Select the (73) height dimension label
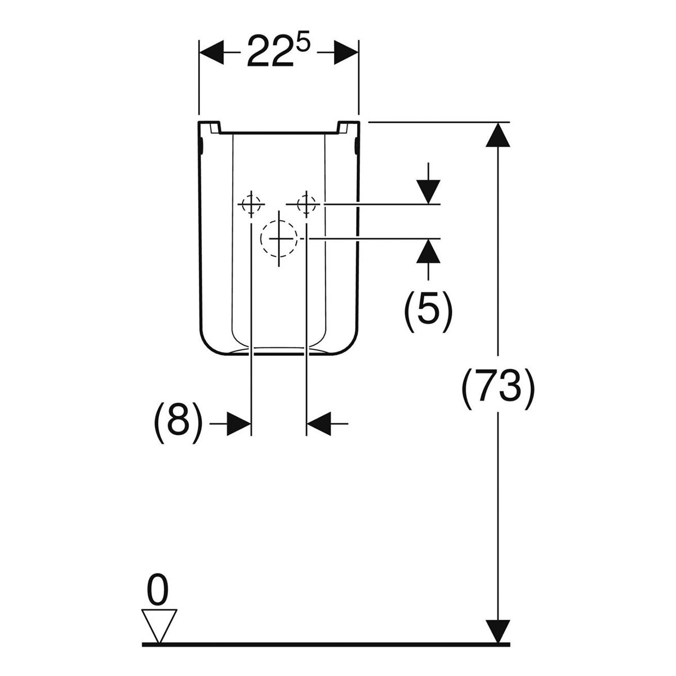coord(498,389)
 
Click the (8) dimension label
coord(178,424)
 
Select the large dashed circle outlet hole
coord(279,238)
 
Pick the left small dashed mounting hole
coord(251,204)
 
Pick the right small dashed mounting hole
coord(306,204)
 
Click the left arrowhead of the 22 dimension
coord(212,52)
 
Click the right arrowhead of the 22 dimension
coord(346,52)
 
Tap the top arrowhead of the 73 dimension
coord(497,135)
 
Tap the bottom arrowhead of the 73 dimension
coord(497,621)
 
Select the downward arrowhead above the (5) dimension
coord(428,192)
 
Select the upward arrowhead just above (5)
coord(428,251)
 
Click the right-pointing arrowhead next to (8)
coord(239,424)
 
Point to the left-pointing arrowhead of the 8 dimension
coord(319,424)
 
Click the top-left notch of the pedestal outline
coord(215,128)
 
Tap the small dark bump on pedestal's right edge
coord(357,146)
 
